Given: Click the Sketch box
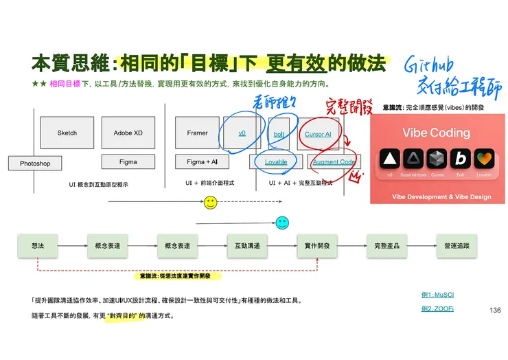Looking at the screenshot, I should pos(67,133).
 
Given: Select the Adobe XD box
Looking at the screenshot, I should pos(128,133).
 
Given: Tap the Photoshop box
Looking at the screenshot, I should pos(35,164).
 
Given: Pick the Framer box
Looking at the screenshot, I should pos(197,133).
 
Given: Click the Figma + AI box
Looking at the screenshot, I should pos(197,162).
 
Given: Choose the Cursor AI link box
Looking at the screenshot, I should pos(318,134).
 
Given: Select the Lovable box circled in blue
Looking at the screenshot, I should pos(275,162).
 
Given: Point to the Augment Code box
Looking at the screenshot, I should pos(334,162).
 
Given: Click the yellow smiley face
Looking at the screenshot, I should pos(211,202).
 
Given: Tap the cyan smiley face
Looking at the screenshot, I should pos(281,222).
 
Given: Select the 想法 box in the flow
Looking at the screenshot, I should pos(38,245).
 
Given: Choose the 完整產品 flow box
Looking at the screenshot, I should pos(387,245).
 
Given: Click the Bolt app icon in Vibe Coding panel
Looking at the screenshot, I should pos(461,159).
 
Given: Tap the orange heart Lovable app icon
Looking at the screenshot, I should pos(485,159).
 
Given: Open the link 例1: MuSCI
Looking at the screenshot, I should pos(437,295).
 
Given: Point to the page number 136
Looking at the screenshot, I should pos(495,311).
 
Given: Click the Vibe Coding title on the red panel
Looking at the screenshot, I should pos(436,133).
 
